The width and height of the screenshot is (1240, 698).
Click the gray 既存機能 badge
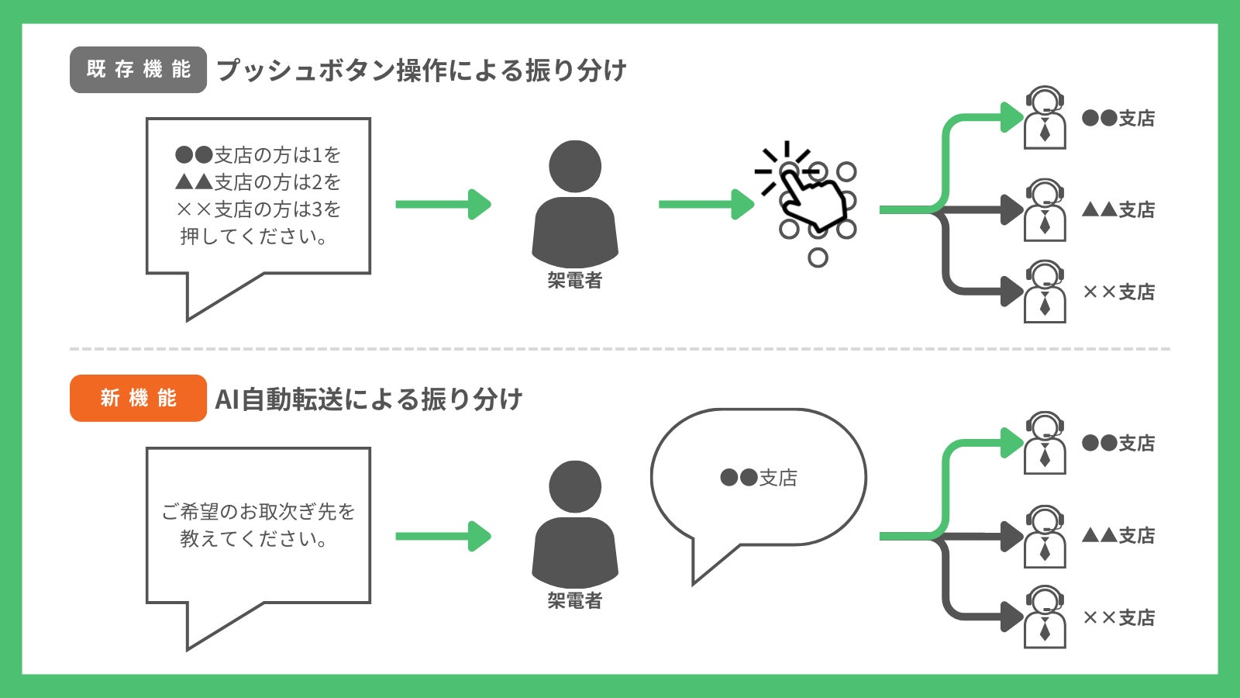(x=138, y=70)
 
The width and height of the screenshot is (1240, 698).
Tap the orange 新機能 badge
(x=138, y=398)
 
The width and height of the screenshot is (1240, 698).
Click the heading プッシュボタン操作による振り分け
(x=421, y=71)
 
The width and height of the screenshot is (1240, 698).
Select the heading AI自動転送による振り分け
(x=369, y=399)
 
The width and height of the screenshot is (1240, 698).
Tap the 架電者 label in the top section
(x=575, y=281)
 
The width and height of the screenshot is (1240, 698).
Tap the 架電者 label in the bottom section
(x=575, y=600)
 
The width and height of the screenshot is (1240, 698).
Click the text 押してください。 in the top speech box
(x=254, y=237)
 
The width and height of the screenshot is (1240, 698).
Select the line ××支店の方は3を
(x=258, y=209)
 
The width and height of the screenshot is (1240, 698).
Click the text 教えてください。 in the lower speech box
(x=254, y=538)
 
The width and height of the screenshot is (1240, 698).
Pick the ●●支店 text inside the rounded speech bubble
(x=758, y=478)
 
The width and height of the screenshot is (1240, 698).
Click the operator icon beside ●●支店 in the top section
(x=1045, y=118)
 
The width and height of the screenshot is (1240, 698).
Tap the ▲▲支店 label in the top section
(x=1118, y=210)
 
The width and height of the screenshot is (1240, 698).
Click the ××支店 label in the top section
(x=1118, y=292)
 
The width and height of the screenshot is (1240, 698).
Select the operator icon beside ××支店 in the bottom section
(x=1045, y=617)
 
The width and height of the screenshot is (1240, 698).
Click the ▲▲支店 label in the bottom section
(x=1118, y=536)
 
